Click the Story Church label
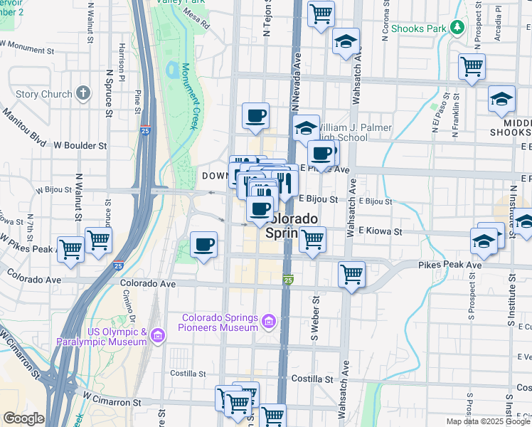43,94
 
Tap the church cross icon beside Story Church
84,93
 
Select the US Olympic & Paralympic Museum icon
158,334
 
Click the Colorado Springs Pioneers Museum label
220,322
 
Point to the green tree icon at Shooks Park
457,28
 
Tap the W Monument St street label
27,48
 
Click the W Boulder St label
80,145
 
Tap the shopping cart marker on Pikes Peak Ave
351,274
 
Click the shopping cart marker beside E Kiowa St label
312,240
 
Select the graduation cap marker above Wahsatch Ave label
346,42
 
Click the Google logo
23,418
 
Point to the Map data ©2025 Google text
488,421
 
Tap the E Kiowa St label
380,231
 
